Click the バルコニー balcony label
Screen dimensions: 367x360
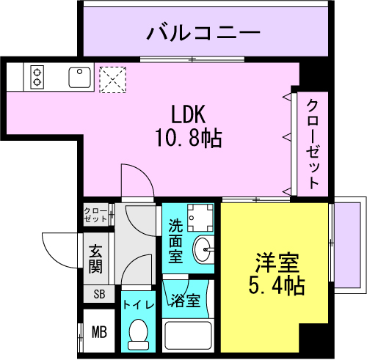click(x=203, y=32)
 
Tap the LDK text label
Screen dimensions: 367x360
click(x=189, y=114)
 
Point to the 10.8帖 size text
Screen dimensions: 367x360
click(x=189, y=138)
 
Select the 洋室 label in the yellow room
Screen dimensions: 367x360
click(x=277, y=262)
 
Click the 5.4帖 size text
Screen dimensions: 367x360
click(x=277, y=285)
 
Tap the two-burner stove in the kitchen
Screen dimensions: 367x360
click(x=37, y=77)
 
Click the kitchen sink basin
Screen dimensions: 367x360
click(x=79, y=77)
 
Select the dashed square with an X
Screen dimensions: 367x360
click(x=113, y=80)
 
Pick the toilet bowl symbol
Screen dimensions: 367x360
click(x=138, y=334)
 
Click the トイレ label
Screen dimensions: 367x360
click(x=139, y=305)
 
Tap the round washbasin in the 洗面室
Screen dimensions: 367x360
click(x=202, y=249)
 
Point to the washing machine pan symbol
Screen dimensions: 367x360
click(x=200, y=218)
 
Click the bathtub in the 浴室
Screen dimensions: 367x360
click(x=188, y=335)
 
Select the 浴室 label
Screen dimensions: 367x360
click(x=186, y=300)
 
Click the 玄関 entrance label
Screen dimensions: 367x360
click(x=95, y=259)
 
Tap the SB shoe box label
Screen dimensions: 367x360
click(x=99, y=294)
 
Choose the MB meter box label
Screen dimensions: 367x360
click(x=99, y=332)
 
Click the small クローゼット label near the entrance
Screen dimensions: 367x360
click(x=95, y=215)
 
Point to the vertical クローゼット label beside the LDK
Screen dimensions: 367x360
click(x=313, y=144)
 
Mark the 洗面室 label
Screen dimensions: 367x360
click(x=175, y=240)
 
